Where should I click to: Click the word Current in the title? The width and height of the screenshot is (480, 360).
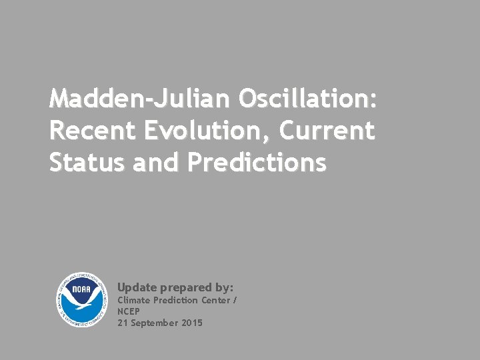click(x=327, y=131)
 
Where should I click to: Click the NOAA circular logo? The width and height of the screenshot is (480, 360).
click(x=82, y=300)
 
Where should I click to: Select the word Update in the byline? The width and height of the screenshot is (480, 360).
click(x=137, y=287)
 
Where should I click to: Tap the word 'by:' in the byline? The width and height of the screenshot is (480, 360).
click(x=225, y=288)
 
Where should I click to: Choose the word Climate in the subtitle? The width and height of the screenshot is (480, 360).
click(x=133, y=300)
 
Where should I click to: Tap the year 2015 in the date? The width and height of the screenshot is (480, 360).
click(x=192, y=323)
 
